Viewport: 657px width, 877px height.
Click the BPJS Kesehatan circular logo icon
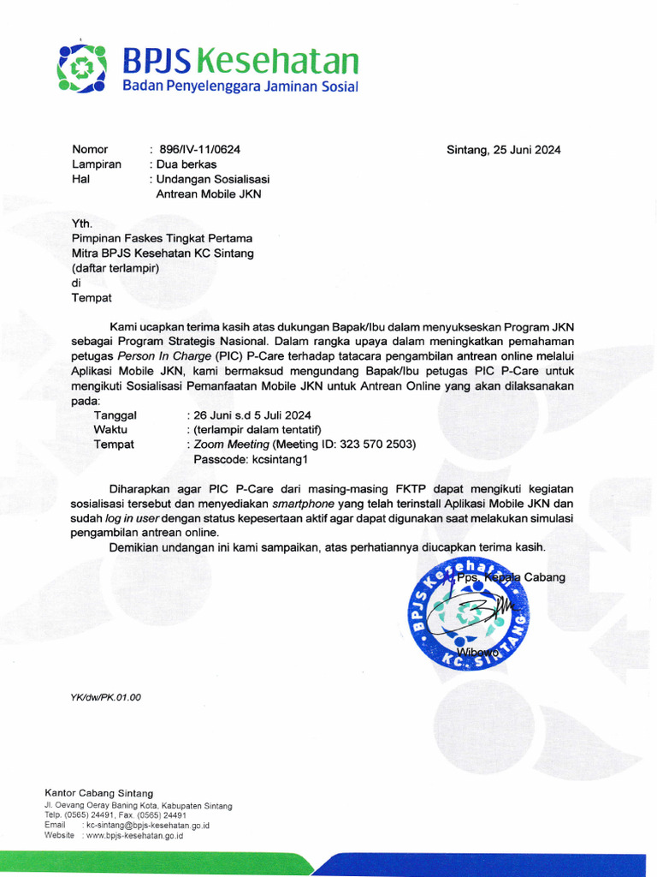(81, 68)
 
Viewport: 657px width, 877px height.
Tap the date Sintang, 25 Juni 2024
(503, 150)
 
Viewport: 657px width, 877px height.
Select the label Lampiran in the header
(97, 164)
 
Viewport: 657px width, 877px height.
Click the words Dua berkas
(186, 164)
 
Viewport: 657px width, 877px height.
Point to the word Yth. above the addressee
(82, 224)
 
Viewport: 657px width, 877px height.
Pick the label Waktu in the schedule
(111, 430)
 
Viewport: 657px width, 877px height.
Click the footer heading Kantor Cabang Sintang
(98, 793)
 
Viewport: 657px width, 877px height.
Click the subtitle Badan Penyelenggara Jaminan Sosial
(240, 87)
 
